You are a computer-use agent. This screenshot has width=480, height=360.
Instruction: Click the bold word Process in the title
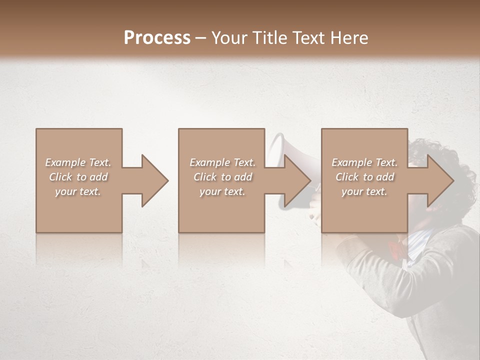point(157,38)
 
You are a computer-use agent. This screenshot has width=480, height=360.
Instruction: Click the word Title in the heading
point(271,38)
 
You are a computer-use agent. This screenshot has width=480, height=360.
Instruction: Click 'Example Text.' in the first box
point(78,162)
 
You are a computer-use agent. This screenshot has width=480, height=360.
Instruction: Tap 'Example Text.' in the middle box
point(222,162)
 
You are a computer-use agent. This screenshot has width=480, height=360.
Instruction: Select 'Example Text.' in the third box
point(364,162)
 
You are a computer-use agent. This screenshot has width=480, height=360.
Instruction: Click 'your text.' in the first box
point(78,191)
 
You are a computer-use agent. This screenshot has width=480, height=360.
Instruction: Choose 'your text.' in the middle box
point(222,191)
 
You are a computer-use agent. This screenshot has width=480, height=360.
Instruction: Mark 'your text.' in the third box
point(364,191)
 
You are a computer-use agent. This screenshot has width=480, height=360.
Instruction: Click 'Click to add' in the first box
point(78,177)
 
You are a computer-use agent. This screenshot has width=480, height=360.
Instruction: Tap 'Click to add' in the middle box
point(222,177)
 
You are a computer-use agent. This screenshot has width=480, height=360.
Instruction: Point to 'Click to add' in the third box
point(364,177)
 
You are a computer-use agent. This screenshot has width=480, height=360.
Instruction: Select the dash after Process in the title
point(201,38)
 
